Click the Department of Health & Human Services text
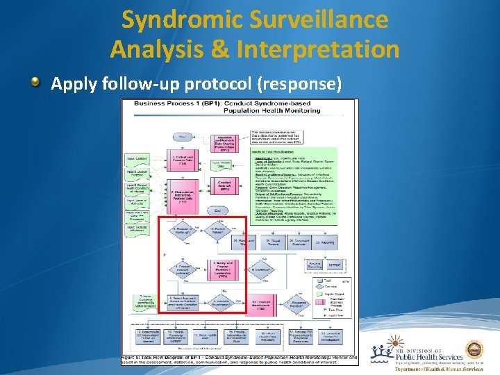click(x=437, y=370)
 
